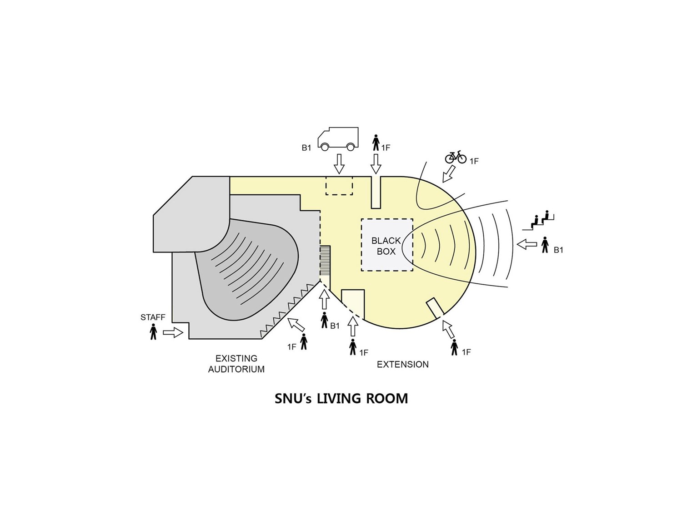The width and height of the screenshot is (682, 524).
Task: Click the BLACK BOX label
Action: click(x=386, y=246)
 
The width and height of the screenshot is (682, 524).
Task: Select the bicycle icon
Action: click(x=456, y=157)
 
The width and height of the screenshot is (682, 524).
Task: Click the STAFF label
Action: click(x=153, y=317)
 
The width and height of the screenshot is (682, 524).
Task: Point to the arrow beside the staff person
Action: click(x=173, y=332)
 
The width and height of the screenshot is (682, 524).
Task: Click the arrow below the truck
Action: click(x=339, y=163)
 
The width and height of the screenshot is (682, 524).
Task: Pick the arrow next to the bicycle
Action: click(x=448, y=174)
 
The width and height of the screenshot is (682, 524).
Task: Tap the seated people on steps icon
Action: click(x=538, y=220)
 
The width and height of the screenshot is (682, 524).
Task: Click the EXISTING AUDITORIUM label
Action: click(x=236, y=364)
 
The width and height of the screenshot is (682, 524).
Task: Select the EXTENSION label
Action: click(x=403, y=365)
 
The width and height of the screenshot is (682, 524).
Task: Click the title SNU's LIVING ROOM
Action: click(x=341, y=399)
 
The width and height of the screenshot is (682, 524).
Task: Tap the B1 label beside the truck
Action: click(x=306, y=148)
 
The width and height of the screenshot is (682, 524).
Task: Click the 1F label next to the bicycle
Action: click(x=474, y=161)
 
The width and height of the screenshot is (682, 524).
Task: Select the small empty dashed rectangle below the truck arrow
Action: click(x=339, y=186)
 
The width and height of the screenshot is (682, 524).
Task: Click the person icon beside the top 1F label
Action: click(x=376, y=143)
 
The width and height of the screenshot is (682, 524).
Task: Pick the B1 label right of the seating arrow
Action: click(x=558, y=250)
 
